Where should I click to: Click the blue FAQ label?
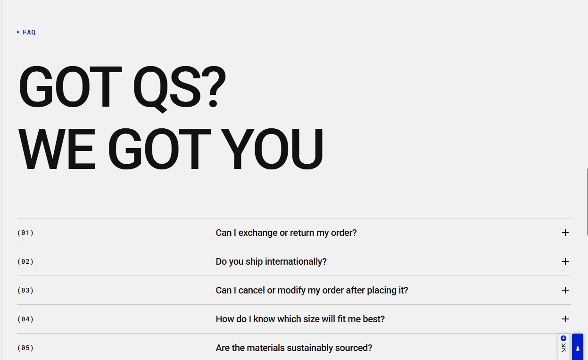[29, 32]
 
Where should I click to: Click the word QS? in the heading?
[179, 87]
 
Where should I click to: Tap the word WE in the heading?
[57, 149]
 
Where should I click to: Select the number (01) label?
[25, 233]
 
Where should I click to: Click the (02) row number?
[25, 261]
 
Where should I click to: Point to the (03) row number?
[25, 290]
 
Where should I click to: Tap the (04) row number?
[25, 319]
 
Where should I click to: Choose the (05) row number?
[25, 348]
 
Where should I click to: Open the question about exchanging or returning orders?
[286, 233]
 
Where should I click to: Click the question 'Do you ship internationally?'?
[271, 261]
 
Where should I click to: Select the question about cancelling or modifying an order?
[312, 291]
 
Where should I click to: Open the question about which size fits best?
[300, 319]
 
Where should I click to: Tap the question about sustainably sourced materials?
[294, 348]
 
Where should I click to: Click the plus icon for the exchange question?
[565, 233]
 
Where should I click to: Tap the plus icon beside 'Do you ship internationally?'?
[565, 261]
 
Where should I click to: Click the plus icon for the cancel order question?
[565, 290]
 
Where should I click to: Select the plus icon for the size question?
[565, 319]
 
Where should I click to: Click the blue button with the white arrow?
[578, 347]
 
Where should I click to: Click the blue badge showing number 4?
[563, 338]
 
